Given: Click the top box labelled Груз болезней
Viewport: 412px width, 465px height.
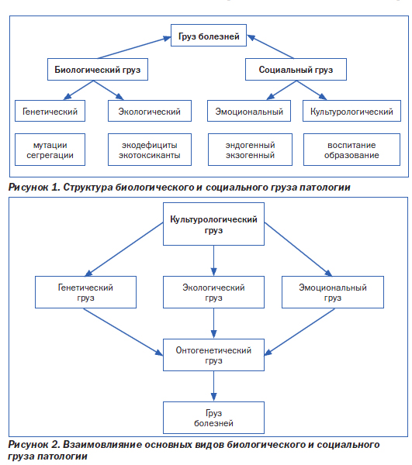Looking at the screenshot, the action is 209,36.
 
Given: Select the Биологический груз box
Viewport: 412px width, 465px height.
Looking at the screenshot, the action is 98,70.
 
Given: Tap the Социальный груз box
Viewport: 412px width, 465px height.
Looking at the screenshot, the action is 296,70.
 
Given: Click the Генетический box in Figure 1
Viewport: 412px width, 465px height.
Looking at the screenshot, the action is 50,111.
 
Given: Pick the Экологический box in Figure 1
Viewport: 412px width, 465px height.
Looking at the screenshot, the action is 150,111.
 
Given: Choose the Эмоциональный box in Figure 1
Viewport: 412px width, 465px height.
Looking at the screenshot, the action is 249,111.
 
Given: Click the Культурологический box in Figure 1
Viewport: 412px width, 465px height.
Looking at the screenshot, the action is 351,111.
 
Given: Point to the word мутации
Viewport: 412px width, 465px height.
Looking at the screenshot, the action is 50,146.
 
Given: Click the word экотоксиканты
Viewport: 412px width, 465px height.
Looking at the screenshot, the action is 150,155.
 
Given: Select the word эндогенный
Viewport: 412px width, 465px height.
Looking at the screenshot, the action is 250,146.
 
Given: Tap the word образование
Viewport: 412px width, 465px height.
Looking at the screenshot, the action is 351,155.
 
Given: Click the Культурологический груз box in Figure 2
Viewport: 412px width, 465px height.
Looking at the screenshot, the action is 213,224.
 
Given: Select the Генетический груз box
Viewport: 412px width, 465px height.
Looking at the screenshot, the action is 86,292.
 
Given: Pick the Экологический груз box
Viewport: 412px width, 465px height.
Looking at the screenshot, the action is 213,292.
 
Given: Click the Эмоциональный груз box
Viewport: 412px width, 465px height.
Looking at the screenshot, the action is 333,292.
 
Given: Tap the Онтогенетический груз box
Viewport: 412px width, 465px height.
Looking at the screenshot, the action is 213,355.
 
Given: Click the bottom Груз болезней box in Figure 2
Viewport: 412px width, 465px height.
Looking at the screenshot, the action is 213,418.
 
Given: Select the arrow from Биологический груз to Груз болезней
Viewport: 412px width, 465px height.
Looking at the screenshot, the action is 134,47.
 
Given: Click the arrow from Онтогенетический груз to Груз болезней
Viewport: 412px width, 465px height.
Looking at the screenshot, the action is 213,386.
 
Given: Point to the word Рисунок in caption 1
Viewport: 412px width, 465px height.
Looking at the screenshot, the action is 28,188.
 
